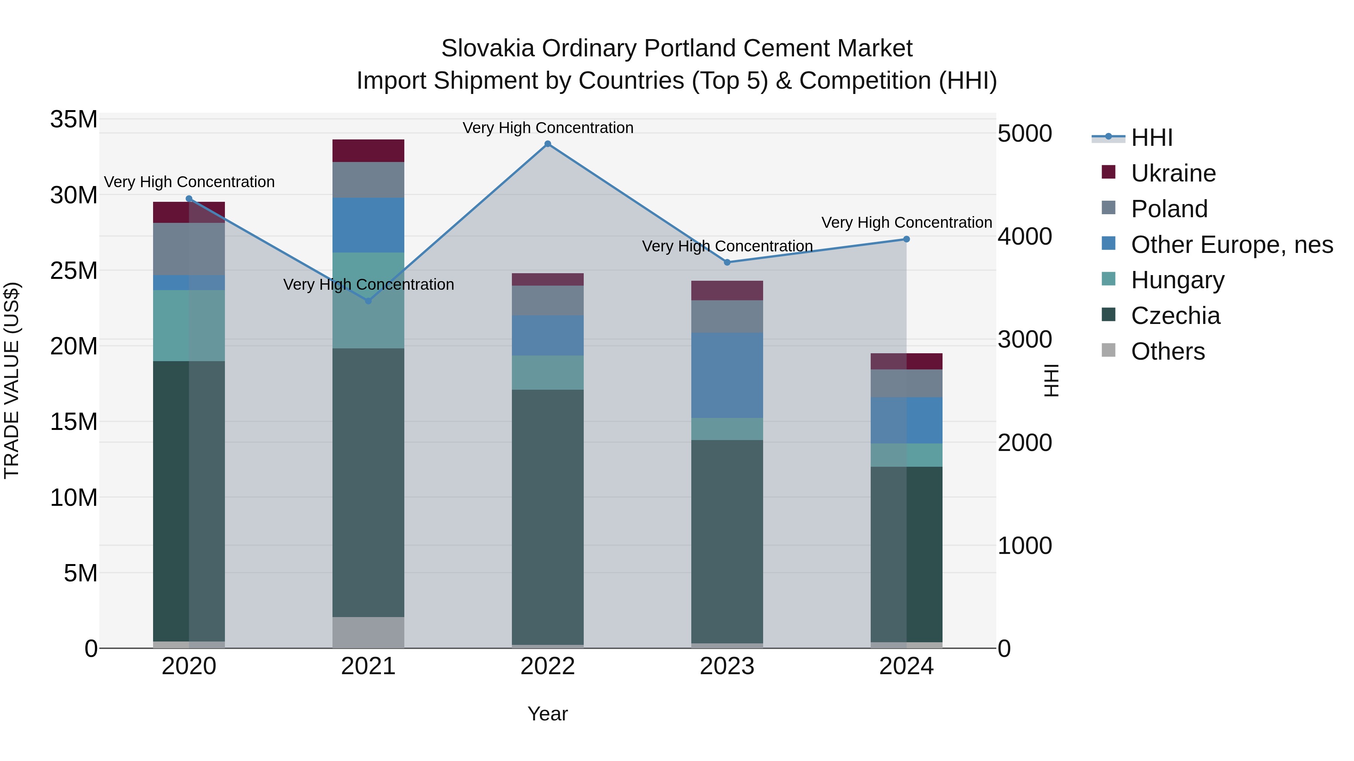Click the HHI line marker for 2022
point(548,144)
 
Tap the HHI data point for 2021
point(369,301)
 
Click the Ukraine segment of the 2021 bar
point(369,151)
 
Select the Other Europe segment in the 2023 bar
point(727,375)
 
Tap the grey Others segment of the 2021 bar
point(369,632)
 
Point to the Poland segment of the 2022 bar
point(548,300)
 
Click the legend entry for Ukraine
point(1173,173)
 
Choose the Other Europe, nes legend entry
point(1231,245)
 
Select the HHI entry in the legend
point(1152,138)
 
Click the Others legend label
point(1167,351)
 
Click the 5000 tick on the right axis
point(1025,133)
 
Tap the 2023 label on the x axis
point(727,666)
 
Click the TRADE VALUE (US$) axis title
point(12,380)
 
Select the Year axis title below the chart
point(548,714)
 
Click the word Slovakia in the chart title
point(488,48)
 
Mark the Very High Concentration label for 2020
point(189,182)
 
